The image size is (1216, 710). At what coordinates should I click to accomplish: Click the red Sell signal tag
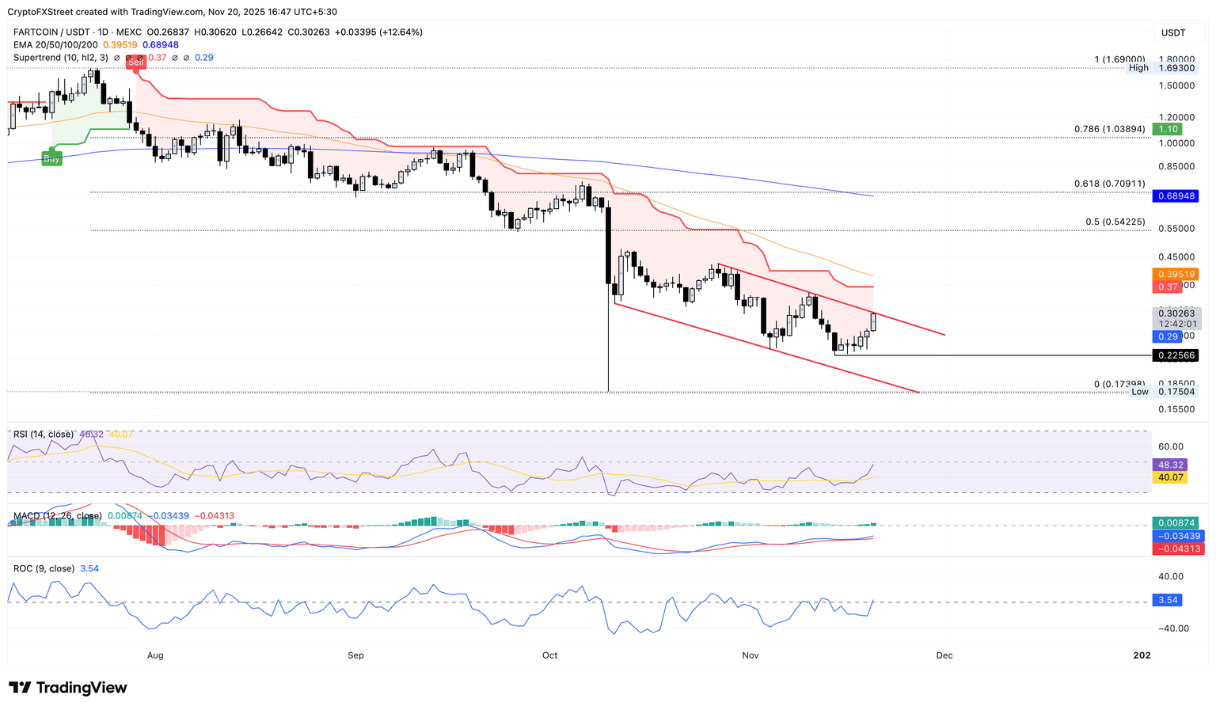click(136, 62)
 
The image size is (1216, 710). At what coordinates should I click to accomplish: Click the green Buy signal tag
click(51, 158)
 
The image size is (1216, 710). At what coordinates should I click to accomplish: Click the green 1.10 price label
click(1168, 129)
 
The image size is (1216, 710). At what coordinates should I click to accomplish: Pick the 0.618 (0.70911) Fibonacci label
click(1109, 184)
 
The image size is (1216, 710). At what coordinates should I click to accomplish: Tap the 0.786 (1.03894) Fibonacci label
click(1109, 129)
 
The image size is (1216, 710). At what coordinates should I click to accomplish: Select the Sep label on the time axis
click(355, 655)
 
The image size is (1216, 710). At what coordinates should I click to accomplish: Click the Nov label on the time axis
click(750, 655)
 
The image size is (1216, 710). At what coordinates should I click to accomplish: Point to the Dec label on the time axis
click(944, 655)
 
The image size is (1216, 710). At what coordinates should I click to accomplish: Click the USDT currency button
click(1173, 32)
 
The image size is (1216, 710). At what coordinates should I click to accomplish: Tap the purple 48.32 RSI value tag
click(1170, 465)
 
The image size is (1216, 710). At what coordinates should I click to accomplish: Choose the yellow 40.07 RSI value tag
click(1170, 477)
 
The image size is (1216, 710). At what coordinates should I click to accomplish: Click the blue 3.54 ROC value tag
click(1168, 600)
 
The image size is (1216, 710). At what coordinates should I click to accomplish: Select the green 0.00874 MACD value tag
click(1175, 523)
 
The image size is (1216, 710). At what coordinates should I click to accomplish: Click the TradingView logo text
click(68, 688)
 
